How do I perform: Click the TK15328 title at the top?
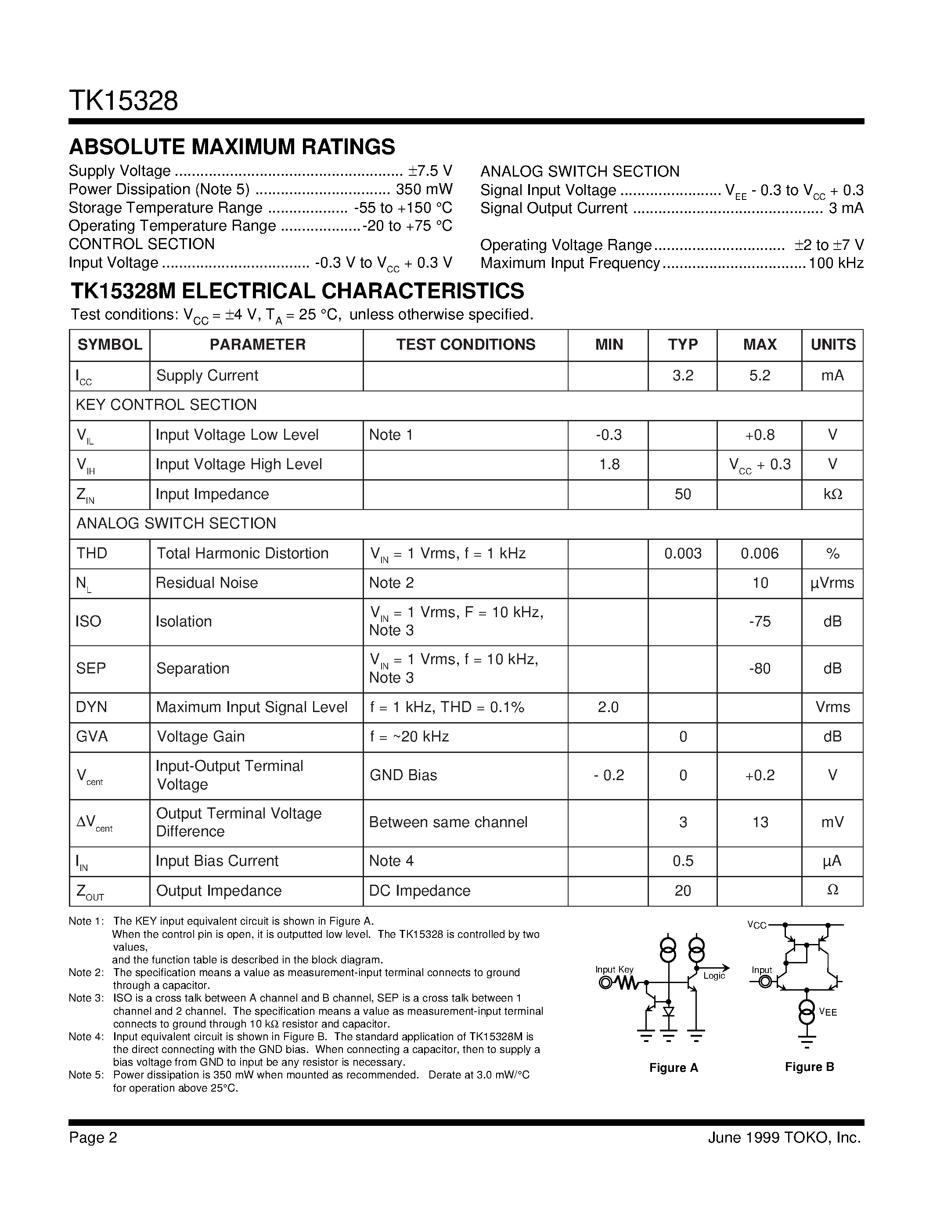[123, 101]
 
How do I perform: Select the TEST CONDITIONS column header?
[465, 344]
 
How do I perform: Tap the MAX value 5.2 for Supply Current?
[760, 376]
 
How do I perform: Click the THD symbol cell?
[92, 553]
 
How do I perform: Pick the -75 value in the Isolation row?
[760, 621]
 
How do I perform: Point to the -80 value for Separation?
[760, 669]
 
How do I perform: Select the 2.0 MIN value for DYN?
[608, 707]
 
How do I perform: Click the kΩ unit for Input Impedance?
[832, 494]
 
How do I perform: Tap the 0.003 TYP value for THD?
[683, 553]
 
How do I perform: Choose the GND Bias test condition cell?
[403, 775]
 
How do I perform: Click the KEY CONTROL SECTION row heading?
[166, 405]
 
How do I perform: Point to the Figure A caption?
[673, 1067]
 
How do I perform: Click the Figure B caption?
[809, 1067]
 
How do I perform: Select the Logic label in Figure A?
[714, 976]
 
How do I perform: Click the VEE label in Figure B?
[828, 1012]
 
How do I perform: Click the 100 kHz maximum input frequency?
[836, 263]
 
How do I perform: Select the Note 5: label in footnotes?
[86, 1075]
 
